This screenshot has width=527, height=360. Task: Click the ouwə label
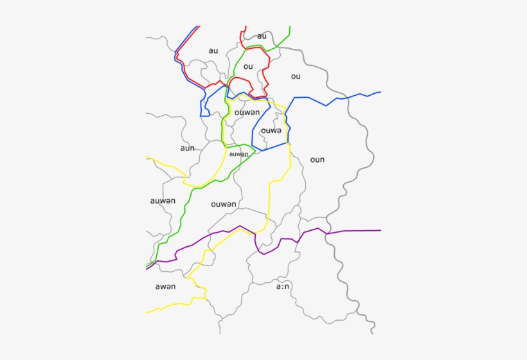(271, 130)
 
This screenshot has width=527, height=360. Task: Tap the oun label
(317, 159)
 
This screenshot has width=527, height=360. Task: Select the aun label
(187, 148)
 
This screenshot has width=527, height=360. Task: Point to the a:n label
(283, 287)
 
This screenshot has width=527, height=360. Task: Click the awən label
(165, 286)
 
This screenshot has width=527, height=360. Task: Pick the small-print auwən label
(238, 154)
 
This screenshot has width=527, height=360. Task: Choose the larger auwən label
(163, 201)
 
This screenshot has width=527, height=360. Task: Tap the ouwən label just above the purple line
(224, 204)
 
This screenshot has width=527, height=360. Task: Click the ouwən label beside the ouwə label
(247, 113)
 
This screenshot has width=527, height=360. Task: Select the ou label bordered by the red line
(248, 66)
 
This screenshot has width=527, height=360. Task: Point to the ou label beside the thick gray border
(296, 76)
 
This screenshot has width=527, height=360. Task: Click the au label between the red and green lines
(262, 36)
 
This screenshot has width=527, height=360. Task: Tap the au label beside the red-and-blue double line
(213, 51)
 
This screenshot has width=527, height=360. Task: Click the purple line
(360, 230)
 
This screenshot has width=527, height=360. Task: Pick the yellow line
(269, 193)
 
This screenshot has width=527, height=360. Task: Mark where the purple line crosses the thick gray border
(326, 233)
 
